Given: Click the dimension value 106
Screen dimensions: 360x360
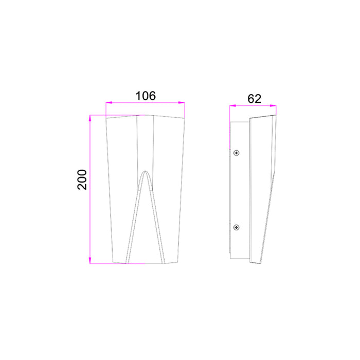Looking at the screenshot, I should coord(145,96).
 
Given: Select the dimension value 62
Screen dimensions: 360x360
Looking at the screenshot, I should coord(254,99).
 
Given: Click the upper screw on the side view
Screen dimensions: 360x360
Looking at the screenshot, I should coord(236,152).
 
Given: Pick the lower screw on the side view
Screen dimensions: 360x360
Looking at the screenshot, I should coord(236,227).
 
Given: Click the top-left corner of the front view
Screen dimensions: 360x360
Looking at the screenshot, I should coord(106,118).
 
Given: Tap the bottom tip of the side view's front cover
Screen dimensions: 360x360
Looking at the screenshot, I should coord(251,263).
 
